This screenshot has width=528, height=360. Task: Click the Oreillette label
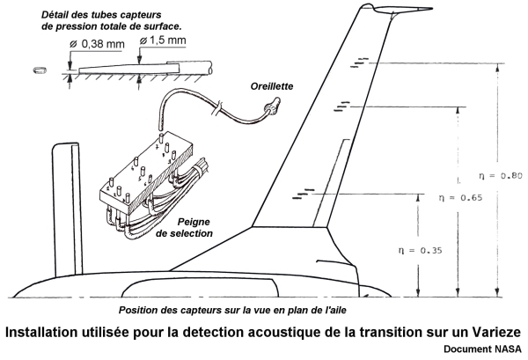coord(271,86)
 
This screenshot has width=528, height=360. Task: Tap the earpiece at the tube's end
coord(270,108)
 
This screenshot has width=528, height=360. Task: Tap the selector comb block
coord(140,176)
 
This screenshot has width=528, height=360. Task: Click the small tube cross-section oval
coord(36,68)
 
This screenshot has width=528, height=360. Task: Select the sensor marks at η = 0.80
coord(360,62)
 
